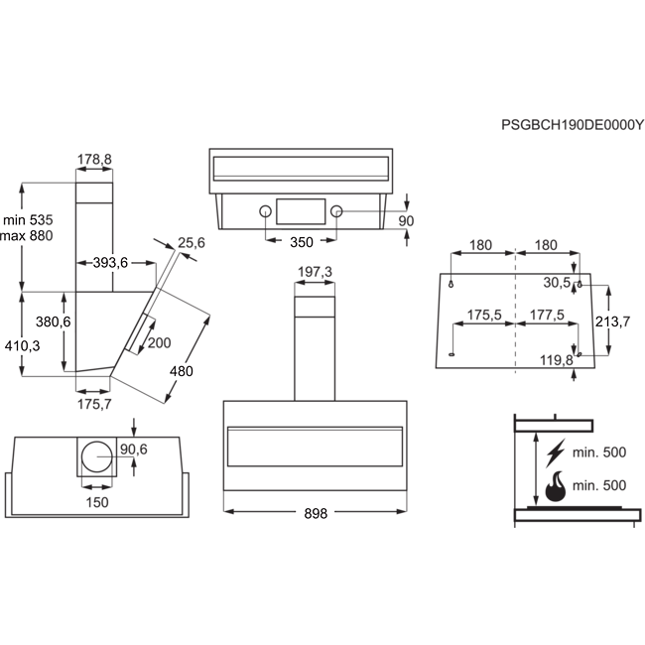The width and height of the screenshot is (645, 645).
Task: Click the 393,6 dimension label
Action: click(111, 262)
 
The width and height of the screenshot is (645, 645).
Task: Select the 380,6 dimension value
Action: click(53, 322)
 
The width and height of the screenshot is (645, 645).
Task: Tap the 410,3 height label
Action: click(22, 345)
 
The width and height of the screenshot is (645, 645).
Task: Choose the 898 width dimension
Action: click(315, 513)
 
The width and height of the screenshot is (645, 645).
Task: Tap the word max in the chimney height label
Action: click(15, 236)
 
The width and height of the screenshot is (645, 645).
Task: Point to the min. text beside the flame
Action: click(587, 485)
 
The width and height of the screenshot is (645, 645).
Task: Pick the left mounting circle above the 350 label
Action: click(266, 211)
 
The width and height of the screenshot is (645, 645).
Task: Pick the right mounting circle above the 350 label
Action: click(334, 211)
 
